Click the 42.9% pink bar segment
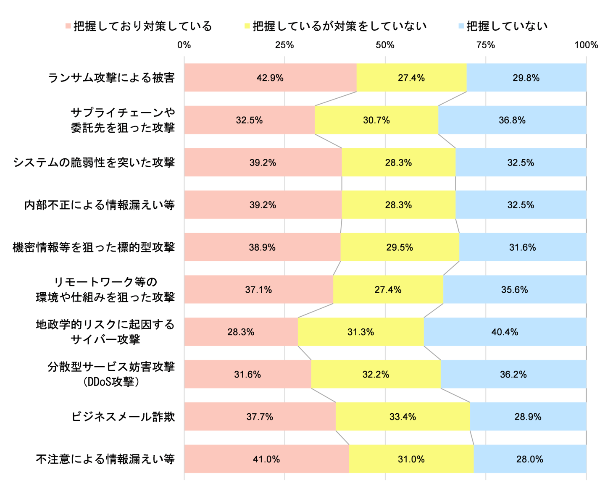pos(270,78)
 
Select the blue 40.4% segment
pos(505,332)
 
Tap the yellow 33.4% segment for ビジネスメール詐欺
pos(402,417)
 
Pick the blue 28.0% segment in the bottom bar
pos(529,459)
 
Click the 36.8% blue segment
pos(512,120)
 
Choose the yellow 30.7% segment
pos(376,120)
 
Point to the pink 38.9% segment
pos(262,247)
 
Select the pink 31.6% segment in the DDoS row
pos(247,374)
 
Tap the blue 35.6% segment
pos(514,290)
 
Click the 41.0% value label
pos(266,459)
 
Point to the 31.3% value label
pos(360,332)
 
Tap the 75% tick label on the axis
pos(485,45)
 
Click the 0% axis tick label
pos(184,45)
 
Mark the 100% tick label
pos(586,45)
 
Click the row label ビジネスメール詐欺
pos(123,417)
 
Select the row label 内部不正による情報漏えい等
pos(100,205)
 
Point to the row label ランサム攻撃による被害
pos(111,78)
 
